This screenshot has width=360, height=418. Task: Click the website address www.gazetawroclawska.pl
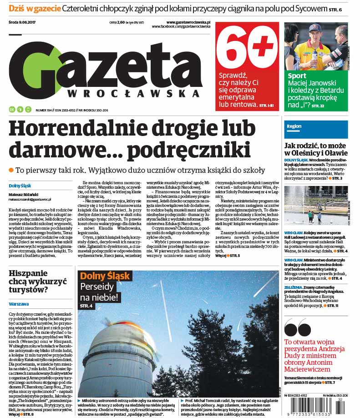tap(188, 22)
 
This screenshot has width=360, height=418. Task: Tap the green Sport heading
tap(297, 76)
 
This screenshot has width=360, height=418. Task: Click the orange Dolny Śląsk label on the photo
tap(105, 276)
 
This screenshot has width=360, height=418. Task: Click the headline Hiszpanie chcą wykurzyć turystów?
tap(36, 282)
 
